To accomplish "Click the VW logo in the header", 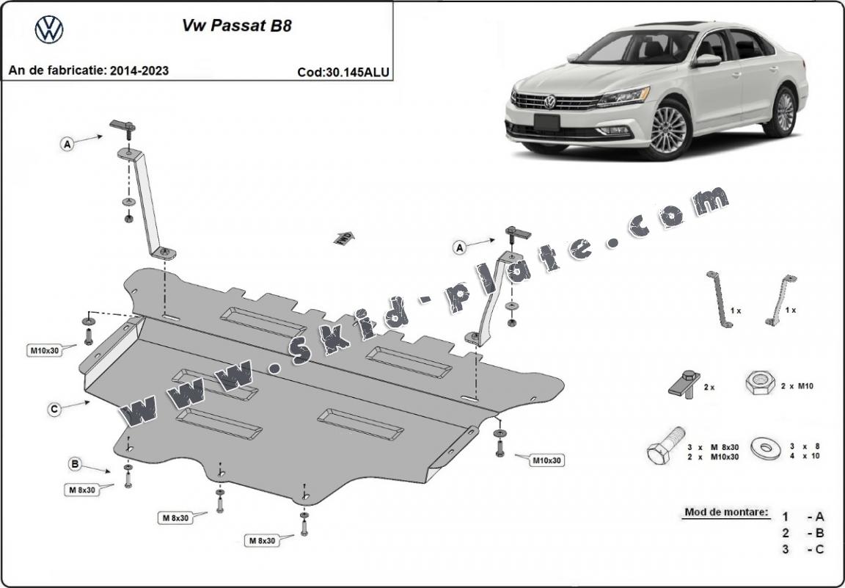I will click(x=49, y=29).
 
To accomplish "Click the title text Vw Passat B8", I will click(x=236, y=25).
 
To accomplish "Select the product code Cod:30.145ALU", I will click(x=343, y=72).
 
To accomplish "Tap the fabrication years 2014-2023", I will click(x=139, y=70).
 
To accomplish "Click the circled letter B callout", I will click(x=75, y=463).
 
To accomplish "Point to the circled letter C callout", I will click(x=54, y=410).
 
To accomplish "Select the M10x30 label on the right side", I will click(x=546, y=460).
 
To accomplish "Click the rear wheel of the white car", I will click(x=784, y=112).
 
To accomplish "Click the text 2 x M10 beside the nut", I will click(x=797, y=385).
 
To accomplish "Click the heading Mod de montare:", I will click(x=726, y=512).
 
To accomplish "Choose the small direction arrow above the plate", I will click(x=343, y=237).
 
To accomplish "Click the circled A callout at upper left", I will click(x=67, y=145).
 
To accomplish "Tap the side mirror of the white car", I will click(x=707, y=60).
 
